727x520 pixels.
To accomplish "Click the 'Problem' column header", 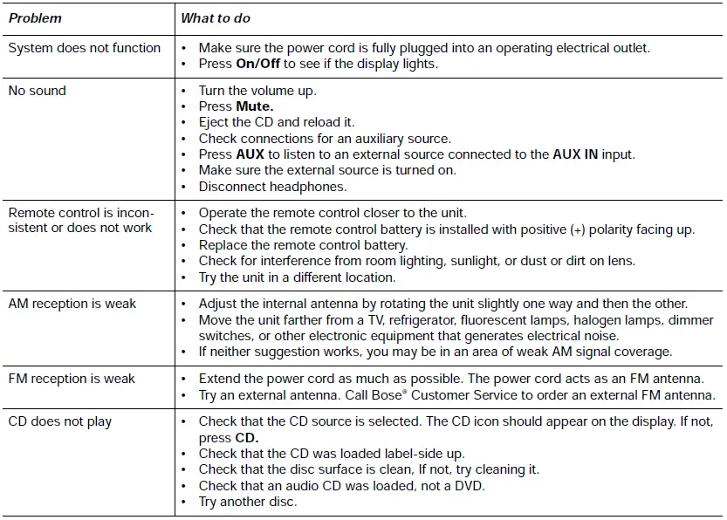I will click(x=35, y=17).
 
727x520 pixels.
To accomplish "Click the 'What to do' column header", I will click(x=216, y=17).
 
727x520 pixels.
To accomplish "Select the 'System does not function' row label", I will click(x=85, y=48).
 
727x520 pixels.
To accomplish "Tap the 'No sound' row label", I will click(x=38, y=91).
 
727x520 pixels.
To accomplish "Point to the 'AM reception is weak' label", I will click(x=72, y=304).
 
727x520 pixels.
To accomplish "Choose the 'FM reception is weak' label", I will click(x=72, y=379).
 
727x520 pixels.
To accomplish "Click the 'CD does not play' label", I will click(x=60, y=421).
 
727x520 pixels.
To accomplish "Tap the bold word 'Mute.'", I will click(x=255, y=106).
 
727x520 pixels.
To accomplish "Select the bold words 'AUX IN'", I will click(x=577, y=154).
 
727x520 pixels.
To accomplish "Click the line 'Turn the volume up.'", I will click(x=257, y=91).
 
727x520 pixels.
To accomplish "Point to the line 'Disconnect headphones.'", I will click(x=272, y=186).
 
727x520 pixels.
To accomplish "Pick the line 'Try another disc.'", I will click(x=248, y=502).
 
